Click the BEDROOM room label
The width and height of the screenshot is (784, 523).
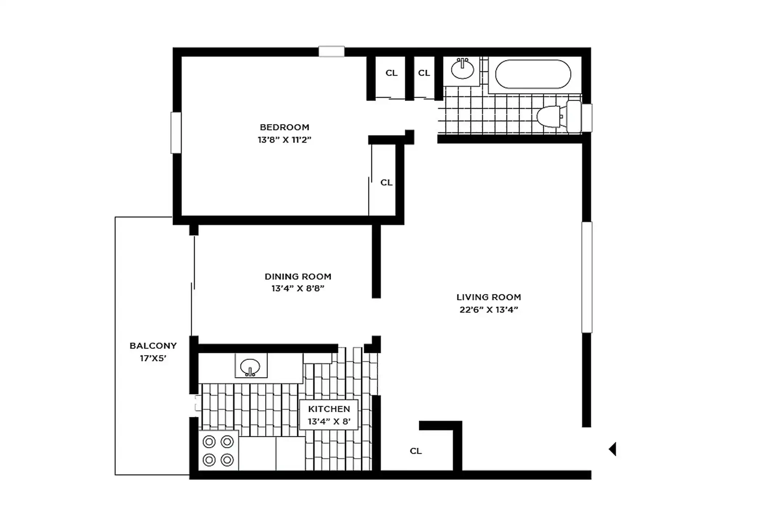click(x=285, y=127)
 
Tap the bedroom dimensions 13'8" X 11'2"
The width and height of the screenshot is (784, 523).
click(x=285, y=140)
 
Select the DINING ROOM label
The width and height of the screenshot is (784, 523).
click(x=298, y=276)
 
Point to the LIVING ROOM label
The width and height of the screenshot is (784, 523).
click(x=489, y=297)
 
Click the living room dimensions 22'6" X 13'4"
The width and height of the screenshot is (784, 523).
click(x=489, y=310)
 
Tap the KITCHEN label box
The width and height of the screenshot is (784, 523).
click(x=329, y=415)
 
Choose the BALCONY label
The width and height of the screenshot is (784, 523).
click(x=153, y=346)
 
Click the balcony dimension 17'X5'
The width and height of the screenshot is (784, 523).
click(x=153, y=358)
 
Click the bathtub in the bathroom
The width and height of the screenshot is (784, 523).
click(x=533, y=74)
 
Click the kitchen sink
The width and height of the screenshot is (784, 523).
click(x=250, y=366)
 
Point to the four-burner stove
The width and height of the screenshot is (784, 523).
click(x=218, y=451)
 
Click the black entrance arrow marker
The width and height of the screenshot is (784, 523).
click(x=612, y=449)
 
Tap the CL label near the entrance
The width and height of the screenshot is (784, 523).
click(x=416, y=451)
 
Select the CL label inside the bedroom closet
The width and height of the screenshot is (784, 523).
click(x=387, y=182)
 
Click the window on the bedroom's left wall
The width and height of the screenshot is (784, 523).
click(x=176, y=133)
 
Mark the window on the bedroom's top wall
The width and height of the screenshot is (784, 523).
click(x=331, y=51)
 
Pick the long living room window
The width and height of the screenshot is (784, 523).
click(x=587, y=277)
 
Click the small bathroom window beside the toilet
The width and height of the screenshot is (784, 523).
click(x=587, y=118)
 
